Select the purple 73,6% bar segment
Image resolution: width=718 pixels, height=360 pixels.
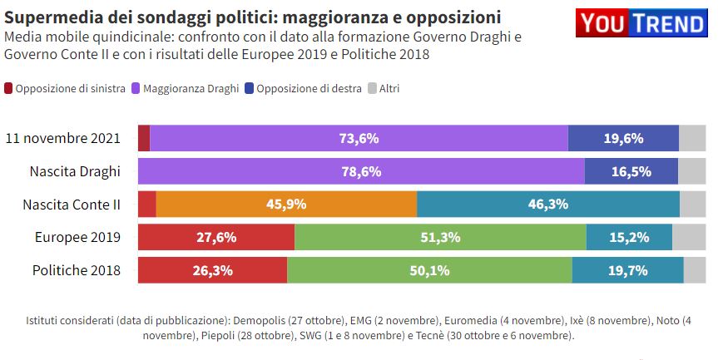359,139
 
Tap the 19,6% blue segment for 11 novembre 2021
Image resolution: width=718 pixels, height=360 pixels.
623,139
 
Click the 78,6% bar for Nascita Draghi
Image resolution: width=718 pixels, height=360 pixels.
360,172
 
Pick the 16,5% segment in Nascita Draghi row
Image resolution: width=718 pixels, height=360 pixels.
631,172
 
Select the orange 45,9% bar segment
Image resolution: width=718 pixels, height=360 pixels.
286,205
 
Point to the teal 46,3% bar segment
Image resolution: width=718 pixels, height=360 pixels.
547,205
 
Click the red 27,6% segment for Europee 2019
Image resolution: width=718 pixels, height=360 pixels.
215,238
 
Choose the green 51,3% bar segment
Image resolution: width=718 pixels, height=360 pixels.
440,238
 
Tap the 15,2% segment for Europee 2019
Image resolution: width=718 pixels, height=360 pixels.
629,238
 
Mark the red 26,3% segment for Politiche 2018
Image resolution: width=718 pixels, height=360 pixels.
212,270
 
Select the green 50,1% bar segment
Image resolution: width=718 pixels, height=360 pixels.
429,270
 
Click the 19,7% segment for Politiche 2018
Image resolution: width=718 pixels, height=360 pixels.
627,270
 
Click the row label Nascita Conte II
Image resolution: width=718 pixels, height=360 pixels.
72,205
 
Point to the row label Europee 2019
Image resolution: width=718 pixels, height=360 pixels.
77,238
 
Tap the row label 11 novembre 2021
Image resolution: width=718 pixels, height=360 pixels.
63,139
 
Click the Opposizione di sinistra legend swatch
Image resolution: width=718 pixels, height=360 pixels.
9,88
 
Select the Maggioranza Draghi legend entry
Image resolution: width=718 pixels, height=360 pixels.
191,88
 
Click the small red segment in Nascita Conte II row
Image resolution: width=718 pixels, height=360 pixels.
146,205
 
